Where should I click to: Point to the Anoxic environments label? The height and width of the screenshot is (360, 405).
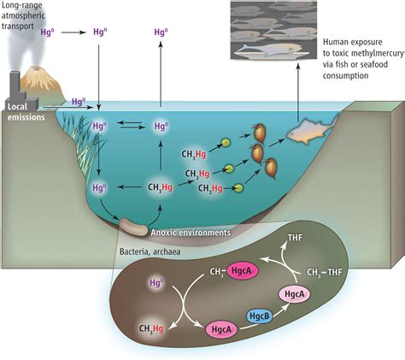click(x=191, y=231)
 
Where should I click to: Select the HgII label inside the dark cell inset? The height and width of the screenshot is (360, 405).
click(x=156, y=280)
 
